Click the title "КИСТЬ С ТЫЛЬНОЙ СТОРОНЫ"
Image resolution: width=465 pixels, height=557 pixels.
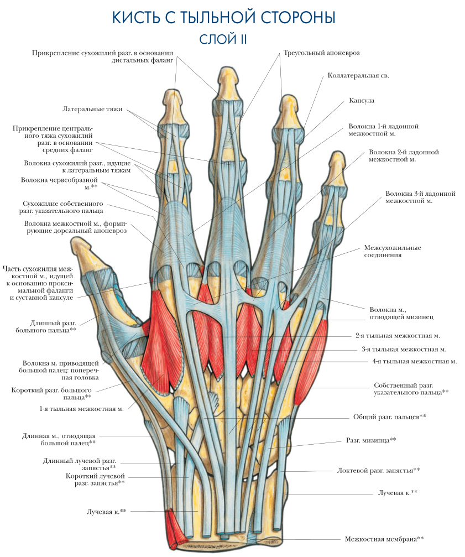point(223,18)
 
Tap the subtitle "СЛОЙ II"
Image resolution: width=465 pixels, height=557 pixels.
point(222,39)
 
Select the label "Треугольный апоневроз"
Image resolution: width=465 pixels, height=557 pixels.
point(321,53)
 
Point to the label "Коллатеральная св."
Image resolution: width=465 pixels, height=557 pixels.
point(358,75)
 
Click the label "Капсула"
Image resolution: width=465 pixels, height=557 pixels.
point(362,101)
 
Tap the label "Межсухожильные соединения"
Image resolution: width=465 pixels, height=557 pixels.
point(393,251)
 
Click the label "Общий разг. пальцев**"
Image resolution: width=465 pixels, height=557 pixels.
point(389,416)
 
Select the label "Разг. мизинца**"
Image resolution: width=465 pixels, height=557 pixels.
point(371,440)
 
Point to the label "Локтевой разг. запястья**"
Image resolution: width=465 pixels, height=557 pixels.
point(378,470)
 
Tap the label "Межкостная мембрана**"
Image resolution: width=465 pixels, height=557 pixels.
point(384,538)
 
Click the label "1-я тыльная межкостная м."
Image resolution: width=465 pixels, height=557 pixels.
point(81,409)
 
